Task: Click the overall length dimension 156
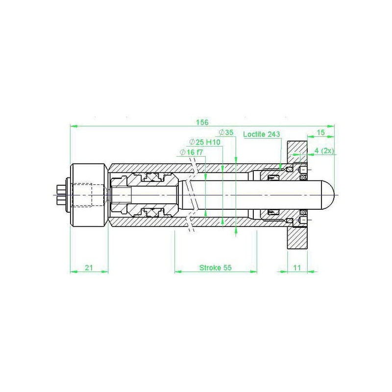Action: click(x=202, y=122)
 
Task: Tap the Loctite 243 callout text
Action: click(x=262, y=134)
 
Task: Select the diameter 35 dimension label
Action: click(x=226, y=132)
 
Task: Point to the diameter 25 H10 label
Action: click(x=205, y=142)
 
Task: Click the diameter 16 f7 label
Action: click(x=191, y=152)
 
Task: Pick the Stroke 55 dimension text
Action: click(x=216, y=268)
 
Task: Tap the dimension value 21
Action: click(x=89, y=268)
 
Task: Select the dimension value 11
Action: click(x=297, y=268)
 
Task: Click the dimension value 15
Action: click(x=320, y=132)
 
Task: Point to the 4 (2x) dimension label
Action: click(x=324, y=151)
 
